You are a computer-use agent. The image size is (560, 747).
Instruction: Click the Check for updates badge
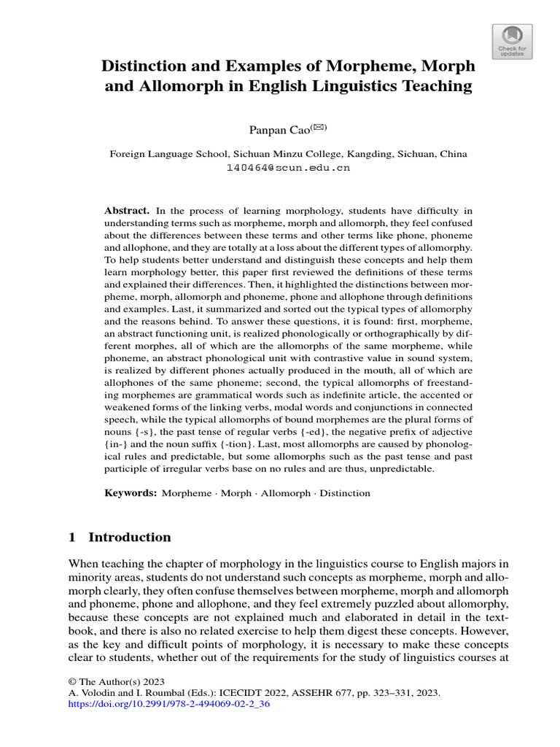[x=513, y=39]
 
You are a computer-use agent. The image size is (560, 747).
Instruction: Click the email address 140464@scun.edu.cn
[x=289, y=167]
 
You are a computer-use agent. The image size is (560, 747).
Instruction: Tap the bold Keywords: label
[x=131, y=493]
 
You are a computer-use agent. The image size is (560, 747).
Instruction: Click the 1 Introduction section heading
[x=120, y=538]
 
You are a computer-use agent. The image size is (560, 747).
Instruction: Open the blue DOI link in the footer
[x=168, y=705]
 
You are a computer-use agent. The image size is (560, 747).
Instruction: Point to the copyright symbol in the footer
[x=73, y=680]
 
